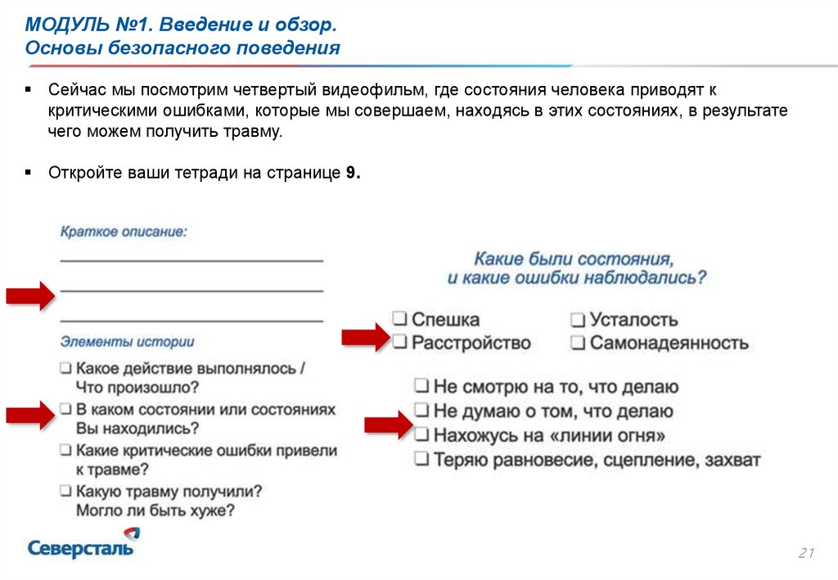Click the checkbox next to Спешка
click(x=399, y=319)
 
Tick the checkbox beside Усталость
click(x=578, y=319)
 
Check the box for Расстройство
click(x=399, y=342)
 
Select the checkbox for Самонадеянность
click(x=578, y=342)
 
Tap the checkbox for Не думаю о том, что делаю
click(x=421, y=410)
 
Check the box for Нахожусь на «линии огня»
click(x=421, y=434)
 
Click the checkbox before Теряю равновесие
click(x=421, y=460)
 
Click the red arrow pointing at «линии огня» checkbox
click(x=385, y=426)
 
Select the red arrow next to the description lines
click(x=29, y=296)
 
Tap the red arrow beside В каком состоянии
click(x=29, y=415)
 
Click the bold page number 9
click(x=351, y=174)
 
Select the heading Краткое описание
click(x=123, y=232)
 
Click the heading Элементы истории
click(x=127, y=342)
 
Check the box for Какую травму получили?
click(x=65, y=492)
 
